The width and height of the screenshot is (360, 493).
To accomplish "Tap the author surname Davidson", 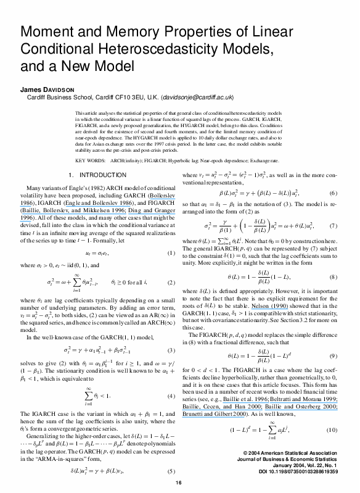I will click(53, 89).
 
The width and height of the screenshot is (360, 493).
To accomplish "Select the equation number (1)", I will click(171, 253).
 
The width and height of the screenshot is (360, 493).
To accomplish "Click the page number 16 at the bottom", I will click(179, 482).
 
